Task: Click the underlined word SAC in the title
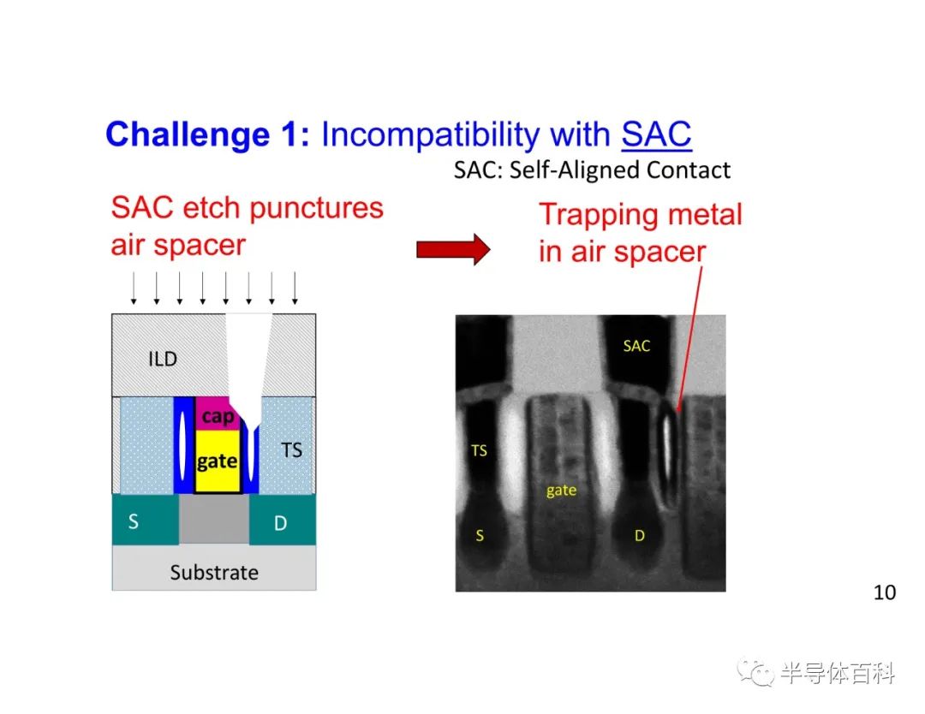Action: (656, 134)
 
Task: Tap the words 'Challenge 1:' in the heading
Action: (207, 134)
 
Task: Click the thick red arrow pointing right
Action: (453, 249)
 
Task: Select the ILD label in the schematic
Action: (163, 359)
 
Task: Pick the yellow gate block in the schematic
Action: (217, 461)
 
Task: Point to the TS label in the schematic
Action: (291, 449)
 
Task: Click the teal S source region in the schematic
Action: (145, 519)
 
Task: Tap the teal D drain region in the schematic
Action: (283, 520)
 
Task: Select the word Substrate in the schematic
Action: (214, 573)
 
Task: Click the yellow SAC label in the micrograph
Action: (636, 346)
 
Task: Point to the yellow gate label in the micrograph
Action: (561, 491)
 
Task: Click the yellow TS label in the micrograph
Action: (479, 451)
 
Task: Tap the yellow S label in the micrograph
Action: (480, 535)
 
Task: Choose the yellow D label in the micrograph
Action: (640, 535)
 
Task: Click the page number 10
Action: (884, 592)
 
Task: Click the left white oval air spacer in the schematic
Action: (183, 446)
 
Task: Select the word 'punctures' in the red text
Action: (319, 209)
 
